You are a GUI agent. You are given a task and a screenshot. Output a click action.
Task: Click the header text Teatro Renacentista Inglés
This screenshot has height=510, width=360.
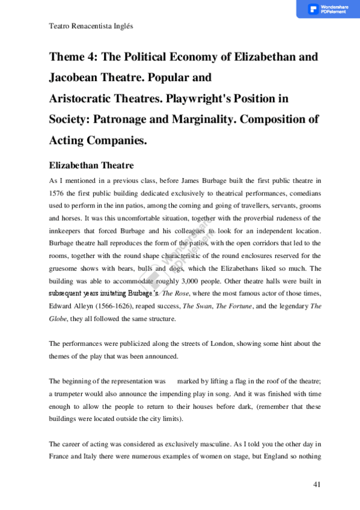[x=90, y=27]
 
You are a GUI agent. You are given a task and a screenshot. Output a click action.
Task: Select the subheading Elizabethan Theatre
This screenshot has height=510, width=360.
[x=91, y=165]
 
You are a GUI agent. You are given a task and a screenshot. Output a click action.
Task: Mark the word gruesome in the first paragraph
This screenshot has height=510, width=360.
[x=63, y=269]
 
